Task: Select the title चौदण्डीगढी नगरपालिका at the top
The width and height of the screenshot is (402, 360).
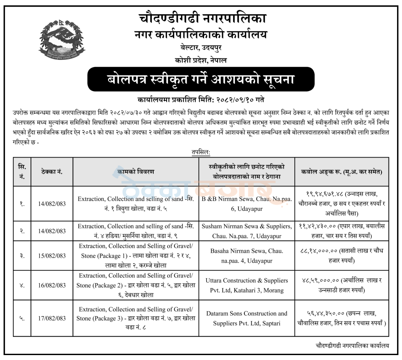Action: point(201,18)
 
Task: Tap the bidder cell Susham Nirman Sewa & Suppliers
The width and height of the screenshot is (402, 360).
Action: point(247,231)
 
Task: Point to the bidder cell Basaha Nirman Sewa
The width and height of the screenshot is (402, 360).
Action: point(247,256)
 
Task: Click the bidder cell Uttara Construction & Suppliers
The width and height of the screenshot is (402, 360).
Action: point(247,285)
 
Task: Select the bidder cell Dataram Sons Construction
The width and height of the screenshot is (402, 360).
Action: point(247,318)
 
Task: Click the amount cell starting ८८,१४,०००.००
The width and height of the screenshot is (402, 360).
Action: point(342,256)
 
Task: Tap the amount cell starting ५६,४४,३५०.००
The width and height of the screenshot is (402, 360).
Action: point(342,318)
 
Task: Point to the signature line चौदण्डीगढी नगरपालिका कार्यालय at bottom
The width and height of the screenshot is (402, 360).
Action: point(352,345)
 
